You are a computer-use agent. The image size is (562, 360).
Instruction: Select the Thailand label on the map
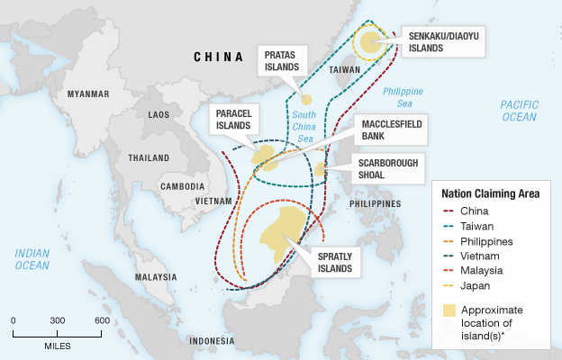coord(148,157)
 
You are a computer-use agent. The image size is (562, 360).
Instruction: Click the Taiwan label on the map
coord(344,68)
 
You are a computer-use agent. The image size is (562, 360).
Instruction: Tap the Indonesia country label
coord(212,341)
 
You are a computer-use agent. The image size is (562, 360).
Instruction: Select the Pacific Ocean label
coord(519,111)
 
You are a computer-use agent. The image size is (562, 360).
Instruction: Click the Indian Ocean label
coord(32,258)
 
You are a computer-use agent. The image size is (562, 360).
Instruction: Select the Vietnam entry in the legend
coord(477,256)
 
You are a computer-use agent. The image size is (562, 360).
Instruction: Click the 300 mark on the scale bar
coord(57,320)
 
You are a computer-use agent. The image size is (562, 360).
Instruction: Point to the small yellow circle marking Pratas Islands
coord(306,99)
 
